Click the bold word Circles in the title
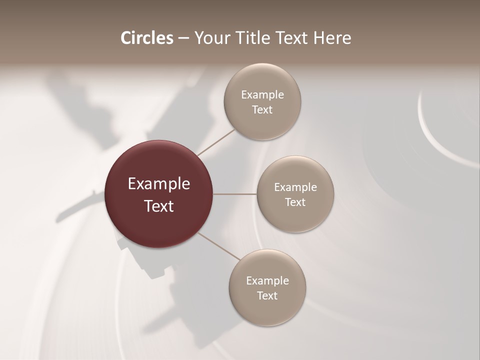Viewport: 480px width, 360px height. point(147,38)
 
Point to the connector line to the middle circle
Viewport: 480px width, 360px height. point(234,194)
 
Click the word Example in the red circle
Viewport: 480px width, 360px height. point(159,184)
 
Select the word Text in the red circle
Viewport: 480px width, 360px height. point(159,206)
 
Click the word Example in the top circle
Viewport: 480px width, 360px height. point(262,95)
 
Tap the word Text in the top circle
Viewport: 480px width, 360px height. point(262,110)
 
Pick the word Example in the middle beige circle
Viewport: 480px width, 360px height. point(295,187)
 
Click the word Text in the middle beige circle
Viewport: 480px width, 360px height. point(295,202)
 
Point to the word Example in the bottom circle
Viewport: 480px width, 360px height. point(267,281)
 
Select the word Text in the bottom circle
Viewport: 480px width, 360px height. point(267,296)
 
